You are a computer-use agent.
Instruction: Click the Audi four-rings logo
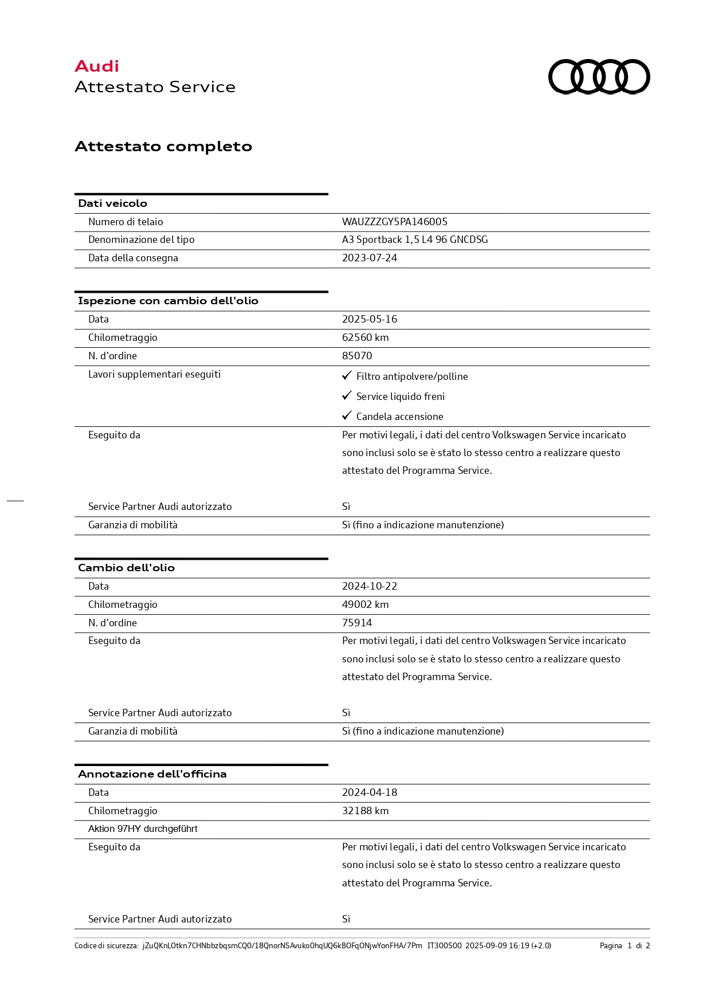click(x=599, y=76)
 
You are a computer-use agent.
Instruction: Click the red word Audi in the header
click(x=97, y=66)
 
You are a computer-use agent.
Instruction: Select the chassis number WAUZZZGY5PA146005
click(x=394, y=222)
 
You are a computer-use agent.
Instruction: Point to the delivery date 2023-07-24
click(x=370, y=258)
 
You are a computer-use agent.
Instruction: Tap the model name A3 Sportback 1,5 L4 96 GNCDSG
click(x=415, y=240)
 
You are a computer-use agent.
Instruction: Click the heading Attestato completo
click(x=163, y=147)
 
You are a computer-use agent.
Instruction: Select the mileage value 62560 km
click(x=365, y=337)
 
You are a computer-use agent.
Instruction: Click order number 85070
click(x=357, y=356)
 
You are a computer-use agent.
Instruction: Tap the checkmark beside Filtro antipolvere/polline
click(x=347, y=376)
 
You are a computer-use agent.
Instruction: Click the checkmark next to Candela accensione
click(x=347, y=416)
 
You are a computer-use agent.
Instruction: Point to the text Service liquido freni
click(x=400, y=396)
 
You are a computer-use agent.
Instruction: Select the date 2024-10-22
click(x=370, y=586)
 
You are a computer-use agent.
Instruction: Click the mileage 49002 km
click(x=365, y=604)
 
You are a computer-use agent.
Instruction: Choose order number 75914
click(x=357, y=623)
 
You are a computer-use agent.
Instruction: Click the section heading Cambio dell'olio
click(x=126, y=568)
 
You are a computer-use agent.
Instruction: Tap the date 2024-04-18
click(x=370, y=792)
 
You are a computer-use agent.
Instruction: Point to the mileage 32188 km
click(x=365, y=811)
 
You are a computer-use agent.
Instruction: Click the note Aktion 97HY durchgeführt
click(x=143, y=829)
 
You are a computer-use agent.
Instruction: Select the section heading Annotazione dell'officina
click(x=152, y=774)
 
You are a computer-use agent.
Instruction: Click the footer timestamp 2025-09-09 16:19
click(x=497, y=946)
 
